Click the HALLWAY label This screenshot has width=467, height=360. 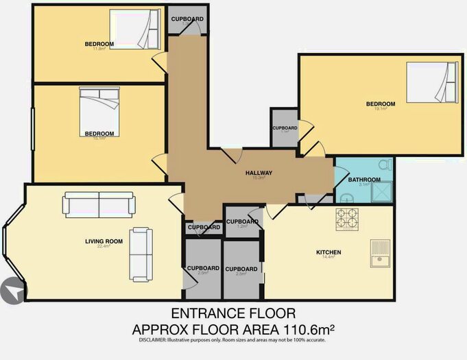coord(259,173)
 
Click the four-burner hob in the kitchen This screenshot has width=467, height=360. coord(347,219)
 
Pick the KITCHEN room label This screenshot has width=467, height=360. coord(328,252)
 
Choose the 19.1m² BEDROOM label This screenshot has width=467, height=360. coord(381,104)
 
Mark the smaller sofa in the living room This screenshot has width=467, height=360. coord(142,254)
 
